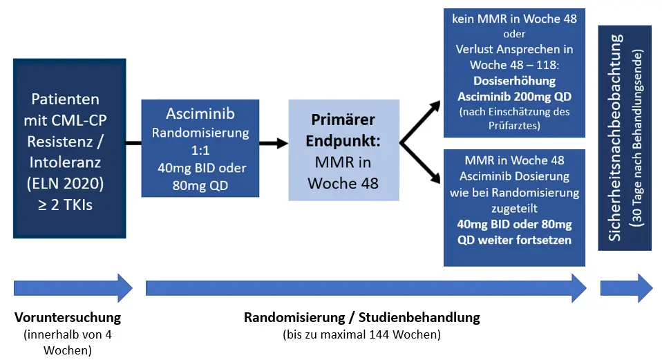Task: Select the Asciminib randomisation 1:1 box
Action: pyautogui.click(x=200, y=148)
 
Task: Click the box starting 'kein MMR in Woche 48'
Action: pyautogui.click(x=515, y=72)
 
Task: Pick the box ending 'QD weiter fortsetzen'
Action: pyautogui.click(x=515, y=207)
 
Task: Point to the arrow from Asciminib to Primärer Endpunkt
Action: pyautogui.click(x=274, y=143)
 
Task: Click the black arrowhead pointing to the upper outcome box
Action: pyautogui.click(x=435, y=106)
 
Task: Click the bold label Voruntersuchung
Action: pyautogui.click(x=68, y=318)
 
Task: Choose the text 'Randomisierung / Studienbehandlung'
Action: pyautogui.click(x=361, y=318)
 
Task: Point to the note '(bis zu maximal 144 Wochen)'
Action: pyautogui.click(x=361, y=334)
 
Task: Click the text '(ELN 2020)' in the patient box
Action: pyautogui.click(x=68, y=184)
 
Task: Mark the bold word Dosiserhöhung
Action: pyautogui.click(x=515, y=81)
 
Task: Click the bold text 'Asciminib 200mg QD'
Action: pyautogui.click(x=515, y=96)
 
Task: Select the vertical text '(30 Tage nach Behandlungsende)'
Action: pyautogui.click(x=640, y=139)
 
